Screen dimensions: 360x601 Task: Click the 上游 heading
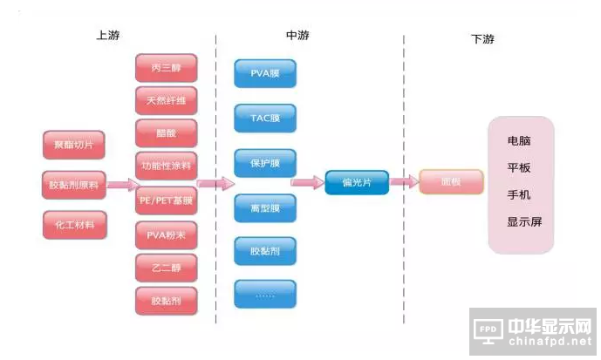click(x=109, y=36)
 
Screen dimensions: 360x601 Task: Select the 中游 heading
click(x=297, y=36)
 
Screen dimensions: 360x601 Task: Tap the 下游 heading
click(x=482, y=38)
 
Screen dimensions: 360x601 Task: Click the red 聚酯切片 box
click(x=74, y=144)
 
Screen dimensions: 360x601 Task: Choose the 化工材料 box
click(x=74, y=225)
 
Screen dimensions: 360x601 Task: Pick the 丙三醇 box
click(x=166, y=68)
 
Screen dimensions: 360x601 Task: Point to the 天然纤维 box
click(x=166, y=99)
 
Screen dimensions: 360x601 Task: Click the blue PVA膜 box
click(x=265, y=73)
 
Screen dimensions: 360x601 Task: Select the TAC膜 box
click(x=265, y=118)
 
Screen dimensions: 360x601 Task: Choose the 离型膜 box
click(x=265, y=207)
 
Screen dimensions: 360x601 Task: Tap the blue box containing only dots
click(x=265, y=294)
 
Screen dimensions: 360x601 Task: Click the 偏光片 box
click(x=356, y=182)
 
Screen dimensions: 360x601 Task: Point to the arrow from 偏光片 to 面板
click(x=403, y=182)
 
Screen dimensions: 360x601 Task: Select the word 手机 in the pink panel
click(x=518, y=194)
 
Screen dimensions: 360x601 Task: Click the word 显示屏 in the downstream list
click(x=523, y=221)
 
